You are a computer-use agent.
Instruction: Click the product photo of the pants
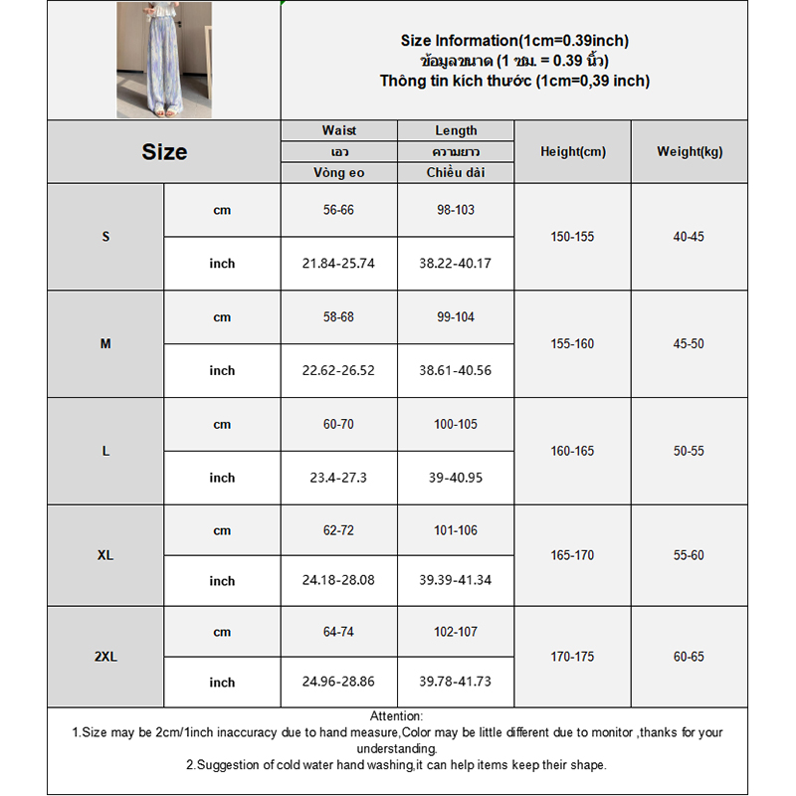click(164, 60)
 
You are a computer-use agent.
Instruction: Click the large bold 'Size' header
click(164, 152)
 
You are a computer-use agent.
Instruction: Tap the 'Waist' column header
click(338, 130)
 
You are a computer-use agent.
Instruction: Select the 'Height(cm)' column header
click(572, 152)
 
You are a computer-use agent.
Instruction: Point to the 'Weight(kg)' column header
click(689, 152)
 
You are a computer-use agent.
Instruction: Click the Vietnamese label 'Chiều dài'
click(456, 173)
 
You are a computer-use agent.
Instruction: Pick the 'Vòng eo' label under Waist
click(338, 173)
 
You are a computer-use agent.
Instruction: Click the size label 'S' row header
click(105, 237)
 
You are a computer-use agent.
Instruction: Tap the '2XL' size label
click(105, 657)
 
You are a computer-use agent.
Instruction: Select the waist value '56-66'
click(338, 210)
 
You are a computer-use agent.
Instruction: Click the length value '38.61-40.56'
click(456, 370)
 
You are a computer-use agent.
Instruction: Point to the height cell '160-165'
click(572, 451)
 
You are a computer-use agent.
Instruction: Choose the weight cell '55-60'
click(689, 555)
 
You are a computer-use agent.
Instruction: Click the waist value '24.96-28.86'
click(338, 682)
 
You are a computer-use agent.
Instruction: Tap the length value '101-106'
click(456, 530)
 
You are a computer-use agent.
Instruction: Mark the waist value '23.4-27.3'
click(338, 478)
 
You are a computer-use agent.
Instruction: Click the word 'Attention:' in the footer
click(396, 716)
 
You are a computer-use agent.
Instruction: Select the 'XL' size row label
click(105, 555)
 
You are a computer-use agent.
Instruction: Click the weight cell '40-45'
click(689, 237)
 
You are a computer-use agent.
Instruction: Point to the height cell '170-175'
click(572, 657)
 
